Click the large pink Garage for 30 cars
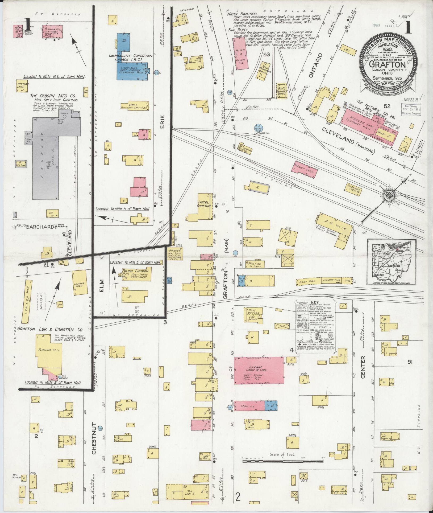[x=259, y=371]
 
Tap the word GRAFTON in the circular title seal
[x=387, y=65]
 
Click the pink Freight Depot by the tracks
[x=305, y=170]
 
